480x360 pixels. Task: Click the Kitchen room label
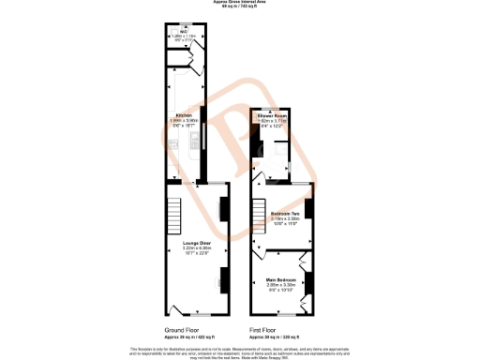[x=185, y=115]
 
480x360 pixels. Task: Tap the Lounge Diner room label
[x=197, y=243]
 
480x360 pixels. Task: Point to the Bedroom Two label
[x=285, y=214]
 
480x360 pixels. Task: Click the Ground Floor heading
[x=184, y=330]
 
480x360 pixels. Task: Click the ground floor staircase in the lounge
[x=175, y=215]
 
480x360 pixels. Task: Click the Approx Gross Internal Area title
[x=240, y=3]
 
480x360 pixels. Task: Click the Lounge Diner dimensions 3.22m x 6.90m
[x=197, y=247]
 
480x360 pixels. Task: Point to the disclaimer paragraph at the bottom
[x=240, y=351]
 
